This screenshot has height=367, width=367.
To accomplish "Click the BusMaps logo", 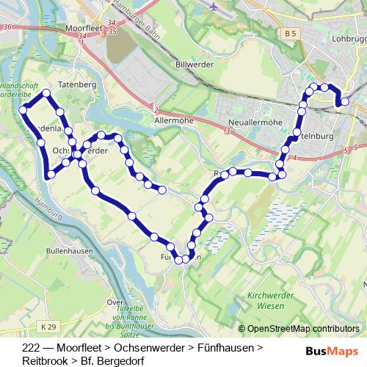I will click(332, 351).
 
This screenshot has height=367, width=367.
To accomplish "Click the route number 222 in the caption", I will click(32, 347).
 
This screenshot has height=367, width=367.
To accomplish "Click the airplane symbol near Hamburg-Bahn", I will click(214, 8).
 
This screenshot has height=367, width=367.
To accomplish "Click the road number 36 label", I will click(7, 27).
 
